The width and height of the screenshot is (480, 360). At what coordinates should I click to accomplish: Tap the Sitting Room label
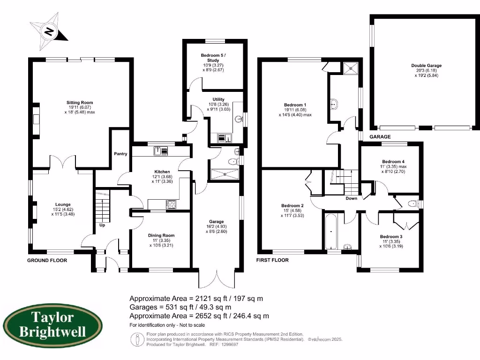point(79,102)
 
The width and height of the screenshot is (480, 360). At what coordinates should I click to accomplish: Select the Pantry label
point(120,153)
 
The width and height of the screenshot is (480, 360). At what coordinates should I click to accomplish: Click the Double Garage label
point(426,66)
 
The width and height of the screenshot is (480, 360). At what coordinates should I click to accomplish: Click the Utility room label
point(218,99)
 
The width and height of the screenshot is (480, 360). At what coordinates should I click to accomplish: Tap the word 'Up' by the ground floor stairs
point(102,225)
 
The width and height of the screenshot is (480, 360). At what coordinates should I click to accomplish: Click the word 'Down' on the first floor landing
point(351,198)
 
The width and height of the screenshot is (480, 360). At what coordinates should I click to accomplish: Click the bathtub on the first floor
point(331,231)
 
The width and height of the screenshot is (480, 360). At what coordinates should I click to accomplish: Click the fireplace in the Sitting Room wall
point(36,120)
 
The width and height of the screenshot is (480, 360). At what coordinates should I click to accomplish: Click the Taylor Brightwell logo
point(52,324)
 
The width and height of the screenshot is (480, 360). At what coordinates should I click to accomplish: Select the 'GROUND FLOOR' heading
point(47,260)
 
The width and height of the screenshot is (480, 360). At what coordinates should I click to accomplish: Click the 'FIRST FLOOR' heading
point(272,260)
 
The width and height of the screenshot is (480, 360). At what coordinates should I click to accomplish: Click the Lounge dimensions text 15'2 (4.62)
point(63,209)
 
